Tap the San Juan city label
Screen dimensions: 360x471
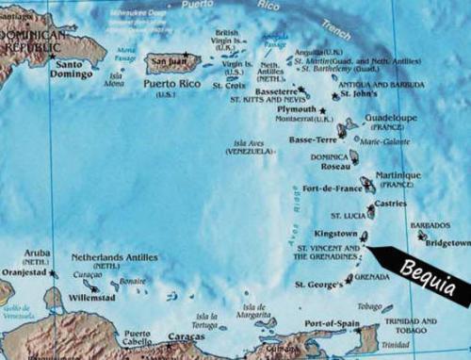coord(169,62)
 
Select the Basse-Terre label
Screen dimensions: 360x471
coord(312,139)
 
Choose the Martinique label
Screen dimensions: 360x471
coord(397,175)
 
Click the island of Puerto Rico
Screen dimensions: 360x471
coord(174,64)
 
